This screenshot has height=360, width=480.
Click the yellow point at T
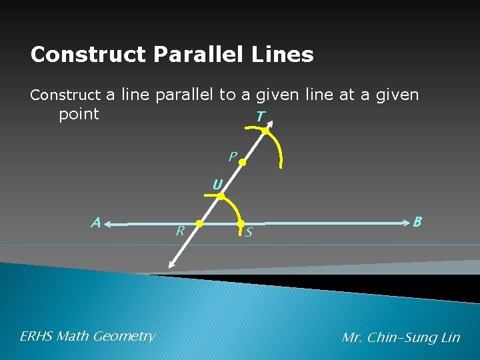(265, 131)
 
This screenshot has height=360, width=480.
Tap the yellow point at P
(243, 162)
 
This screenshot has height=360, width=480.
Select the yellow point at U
(221, 196)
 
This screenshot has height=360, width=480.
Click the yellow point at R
(199, 223)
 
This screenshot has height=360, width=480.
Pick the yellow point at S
(241, 224)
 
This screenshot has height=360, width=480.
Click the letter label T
(260, 117)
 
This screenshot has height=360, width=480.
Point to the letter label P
(231, 157)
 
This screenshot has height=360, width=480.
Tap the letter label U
(217, 184)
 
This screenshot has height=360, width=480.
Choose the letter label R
(179, 231)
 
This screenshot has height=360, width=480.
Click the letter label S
(249, 233)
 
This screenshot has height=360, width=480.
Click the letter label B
(417, 221)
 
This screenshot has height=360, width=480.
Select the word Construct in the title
(87, 55)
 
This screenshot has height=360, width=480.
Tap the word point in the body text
(79, 113)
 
